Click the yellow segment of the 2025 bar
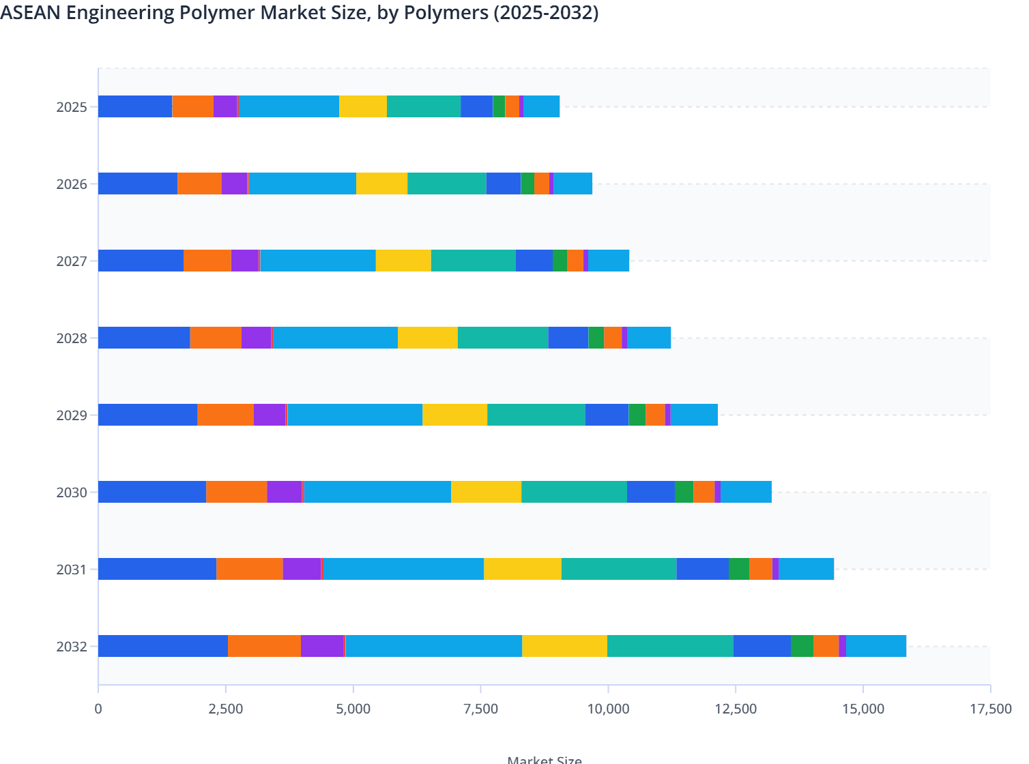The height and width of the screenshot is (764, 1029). pyautogui.click(x=363, y=106)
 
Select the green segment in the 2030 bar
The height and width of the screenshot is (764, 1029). pyautogui.click(x=684, y=492)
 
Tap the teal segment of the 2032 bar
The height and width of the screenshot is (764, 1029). pyautogui.click(x=669, y=646)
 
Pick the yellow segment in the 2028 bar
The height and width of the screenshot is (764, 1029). pyautogui.click(x=427, y=338)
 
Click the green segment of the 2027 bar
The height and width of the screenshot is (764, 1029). pyautogui.click(x=560, y=261)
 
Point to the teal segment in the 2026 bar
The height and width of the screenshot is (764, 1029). pyautogui.click(x=446, y=183)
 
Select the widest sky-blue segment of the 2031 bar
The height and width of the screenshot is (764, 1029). pyautogui.click(x=403, y=569)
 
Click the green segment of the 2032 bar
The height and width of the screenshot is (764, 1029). pyautogui.click(x=802, y=646)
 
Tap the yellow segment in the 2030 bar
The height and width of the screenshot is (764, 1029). pyautogui.click(x=486, y=492)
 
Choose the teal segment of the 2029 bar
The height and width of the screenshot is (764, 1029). pyautogui.click(x=536, y=415)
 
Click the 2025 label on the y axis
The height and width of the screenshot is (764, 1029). pyautogui.click(x=72, y=107)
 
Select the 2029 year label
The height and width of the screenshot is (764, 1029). pyautogui.click(x=72, y=415)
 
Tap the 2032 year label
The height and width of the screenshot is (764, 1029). pyautogui.click(x=72, y=647)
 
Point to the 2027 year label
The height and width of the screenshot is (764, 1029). pyautogui.click(x=72, y=261)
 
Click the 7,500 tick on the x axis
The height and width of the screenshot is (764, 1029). pyautogui.click(x=480, y=709)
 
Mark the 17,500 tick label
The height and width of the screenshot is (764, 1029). pyautogui.click(x=990, y=709)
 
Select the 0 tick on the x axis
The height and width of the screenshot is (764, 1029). pyautogui.click(x=98, y=709)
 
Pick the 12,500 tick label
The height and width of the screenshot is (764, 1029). pyautogui.click(x=736, y=709)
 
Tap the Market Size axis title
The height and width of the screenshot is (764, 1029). pyautogui.click(x=545, y=759)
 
